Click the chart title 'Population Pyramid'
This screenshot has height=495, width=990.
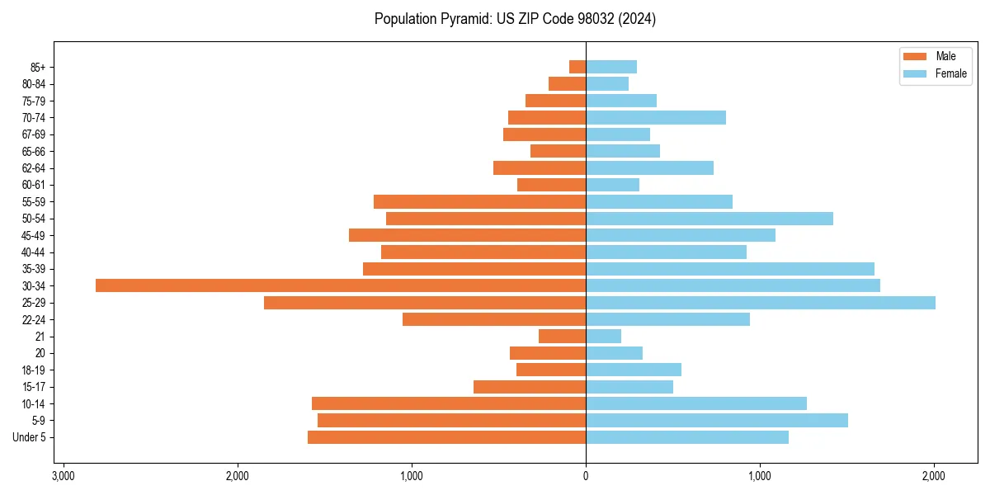pos(515,19)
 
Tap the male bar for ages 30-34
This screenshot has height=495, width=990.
pos(341,285)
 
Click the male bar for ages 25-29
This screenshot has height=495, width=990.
pos(425,303)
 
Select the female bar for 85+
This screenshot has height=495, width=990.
pos(610,67)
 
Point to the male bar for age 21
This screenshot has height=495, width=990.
pos(563,337)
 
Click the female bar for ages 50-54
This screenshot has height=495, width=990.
pos(709,219)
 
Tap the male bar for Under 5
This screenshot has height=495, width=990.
pos(446,437)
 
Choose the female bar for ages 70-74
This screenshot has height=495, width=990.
pos(655,118)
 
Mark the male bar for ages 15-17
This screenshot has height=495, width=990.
pos(530,387)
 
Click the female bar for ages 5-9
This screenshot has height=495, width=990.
pos(716,421)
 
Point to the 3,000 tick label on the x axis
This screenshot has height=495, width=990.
pos(63,476)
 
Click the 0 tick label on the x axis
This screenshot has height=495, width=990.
pos(586,476)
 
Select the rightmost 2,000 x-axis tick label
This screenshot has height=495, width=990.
pos(934,476)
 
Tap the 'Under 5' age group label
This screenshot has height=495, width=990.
pos(29,437)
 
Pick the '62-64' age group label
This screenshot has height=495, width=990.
pos(33,168)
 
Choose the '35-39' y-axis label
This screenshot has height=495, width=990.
pos(33,269)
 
